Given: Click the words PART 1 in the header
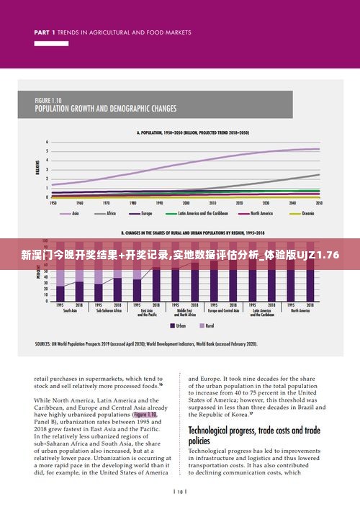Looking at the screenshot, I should pyautogui.click(x=45, y=32).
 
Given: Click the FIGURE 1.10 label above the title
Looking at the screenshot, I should pyautogui.click(x=49, y=100).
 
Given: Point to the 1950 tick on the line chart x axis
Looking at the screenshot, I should pyautogui.click(x=53, y=204).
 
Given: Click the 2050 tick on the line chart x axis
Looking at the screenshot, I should pyautogui.click(x=318, y=204).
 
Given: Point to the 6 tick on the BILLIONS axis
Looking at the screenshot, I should pyautogui.click(x=47, y=142).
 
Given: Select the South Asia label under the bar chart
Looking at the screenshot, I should pyautogui.click(x=70, y=310).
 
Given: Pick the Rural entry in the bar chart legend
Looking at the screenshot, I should pyautogui.click(x=210, y=326).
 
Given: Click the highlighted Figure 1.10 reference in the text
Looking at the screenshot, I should pyautogui.click(x=144, y=415).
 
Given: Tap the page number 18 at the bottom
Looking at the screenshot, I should pyautogui.click(x=179, y=492).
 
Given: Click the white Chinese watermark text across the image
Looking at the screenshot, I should pyautogui.click(x=180, y=255).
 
